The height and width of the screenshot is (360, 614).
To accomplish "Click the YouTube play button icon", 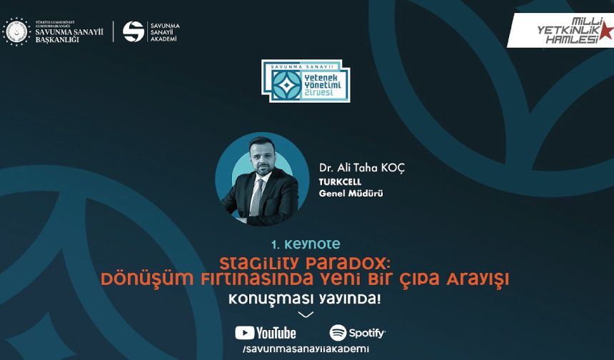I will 245,333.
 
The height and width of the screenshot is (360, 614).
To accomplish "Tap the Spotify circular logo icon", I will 338,333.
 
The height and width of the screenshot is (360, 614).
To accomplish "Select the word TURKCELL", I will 340,181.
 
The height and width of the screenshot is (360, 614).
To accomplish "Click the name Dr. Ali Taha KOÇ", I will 362,167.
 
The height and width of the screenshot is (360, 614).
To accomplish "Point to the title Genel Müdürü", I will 351,193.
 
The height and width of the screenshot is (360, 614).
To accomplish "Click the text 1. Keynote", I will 306,244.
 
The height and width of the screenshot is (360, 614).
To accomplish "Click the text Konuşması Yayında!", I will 305,298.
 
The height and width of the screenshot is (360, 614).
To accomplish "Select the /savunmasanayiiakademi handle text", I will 306,349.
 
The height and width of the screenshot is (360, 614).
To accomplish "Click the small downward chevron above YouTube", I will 306,315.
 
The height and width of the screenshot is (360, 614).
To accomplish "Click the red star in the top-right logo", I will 605,31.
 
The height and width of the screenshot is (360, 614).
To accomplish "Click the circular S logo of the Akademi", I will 134,31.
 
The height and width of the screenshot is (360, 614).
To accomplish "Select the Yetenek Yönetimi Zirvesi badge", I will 306,81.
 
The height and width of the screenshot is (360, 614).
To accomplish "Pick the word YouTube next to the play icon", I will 276,333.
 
